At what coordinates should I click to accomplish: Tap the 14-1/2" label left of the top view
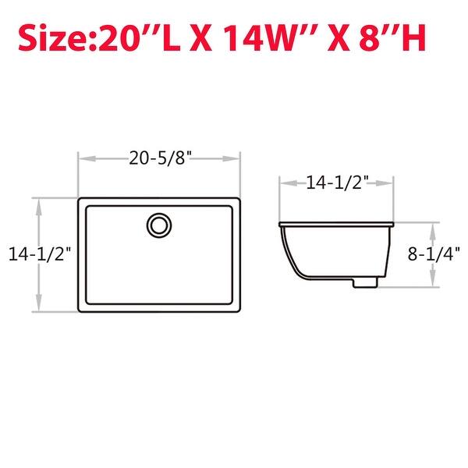pos(40,253)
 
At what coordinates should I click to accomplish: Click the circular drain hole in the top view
pos(159,225)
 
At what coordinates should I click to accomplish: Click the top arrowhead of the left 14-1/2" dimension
pos(40,203)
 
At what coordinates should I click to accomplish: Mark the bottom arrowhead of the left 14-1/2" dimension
pos(40,307)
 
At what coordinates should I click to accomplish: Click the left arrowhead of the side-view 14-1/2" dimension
pos(284,183)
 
